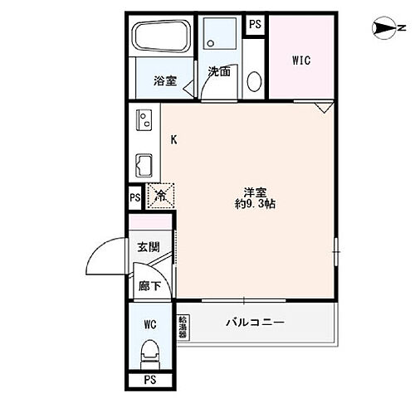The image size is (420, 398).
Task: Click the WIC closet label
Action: tap(300, 61)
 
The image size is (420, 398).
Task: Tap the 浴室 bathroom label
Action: tap(164, 80)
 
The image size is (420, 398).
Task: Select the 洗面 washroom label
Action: tap(219, 71)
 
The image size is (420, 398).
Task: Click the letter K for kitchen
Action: tap(174, 139)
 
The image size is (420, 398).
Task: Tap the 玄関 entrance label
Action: tap(149, 246)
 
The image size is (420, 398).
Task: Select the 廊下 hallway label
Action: tap(149, 286)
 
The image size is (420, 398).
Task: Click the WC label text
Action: tap(150, 323)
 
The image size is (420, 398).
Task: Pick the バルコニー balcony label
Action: tap(256, 322)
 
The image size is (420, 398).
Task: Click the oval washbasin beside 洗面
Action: tap(255, 81)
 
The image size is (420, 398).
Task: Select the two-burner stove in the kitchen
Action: tap(143, 122)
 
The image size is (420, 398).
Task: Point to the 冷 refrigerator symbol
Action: tap(161, 197)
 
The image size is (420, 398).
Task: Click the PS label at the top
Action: tap(255, 24)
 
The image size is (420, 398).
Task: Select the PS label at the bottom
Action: tap(150, 380)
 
